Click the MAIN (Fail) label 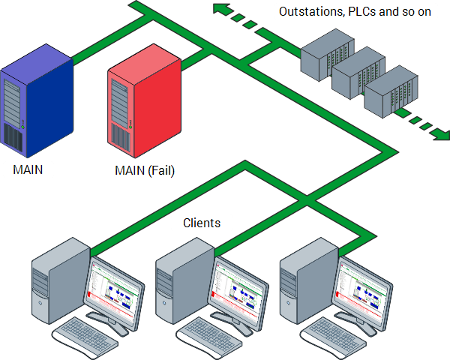(145, 171)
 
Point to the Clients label (202, 223)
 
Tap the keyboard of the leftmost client (86, 336)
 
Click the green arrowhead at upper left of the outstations (220, 8)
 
